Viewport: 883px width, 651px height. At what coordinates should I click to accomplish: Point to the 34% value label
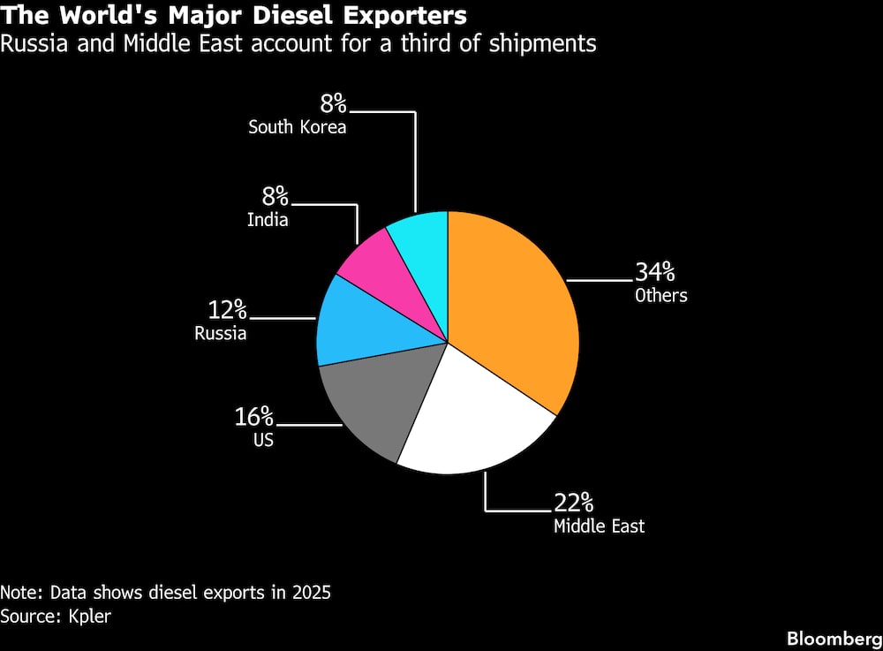click(655, 272)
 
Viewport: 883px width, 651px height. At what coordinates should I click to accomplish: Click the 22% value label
click(573, 503)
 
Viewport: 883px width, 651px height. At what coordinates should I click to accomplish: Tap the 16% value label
click(254, 417)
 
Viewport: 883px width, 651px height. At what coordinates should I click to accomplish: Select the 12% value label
click(228, 310)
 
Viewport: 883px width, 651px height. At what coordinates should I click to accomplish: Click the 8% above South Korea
click(334, 103)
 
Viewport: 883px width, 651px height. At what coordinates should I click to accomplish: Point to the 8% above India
click(275, 197)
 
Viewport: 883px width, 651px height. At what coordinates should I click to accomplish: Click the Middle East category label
click(600, 526)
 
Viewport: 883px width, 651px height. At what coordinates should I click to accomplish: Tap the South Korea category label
click(298, 126)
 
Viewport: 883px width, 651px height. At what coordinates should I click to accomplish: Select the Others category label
click(661, 295)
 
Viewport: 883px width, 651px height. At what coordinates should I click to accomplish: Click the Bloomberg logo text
click(834, 639)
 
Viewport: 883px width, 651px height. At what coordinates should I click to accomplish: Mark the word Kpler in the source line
click(89, 616)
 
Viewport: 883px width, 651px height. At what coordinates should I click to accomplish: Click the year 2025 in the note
click(311, 593)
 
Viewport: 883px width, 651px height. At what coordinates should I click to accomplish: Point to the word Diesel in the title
click(292, 15)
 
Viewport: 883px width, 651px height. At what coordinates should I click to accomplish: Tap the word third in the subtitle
click(426, 43)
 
